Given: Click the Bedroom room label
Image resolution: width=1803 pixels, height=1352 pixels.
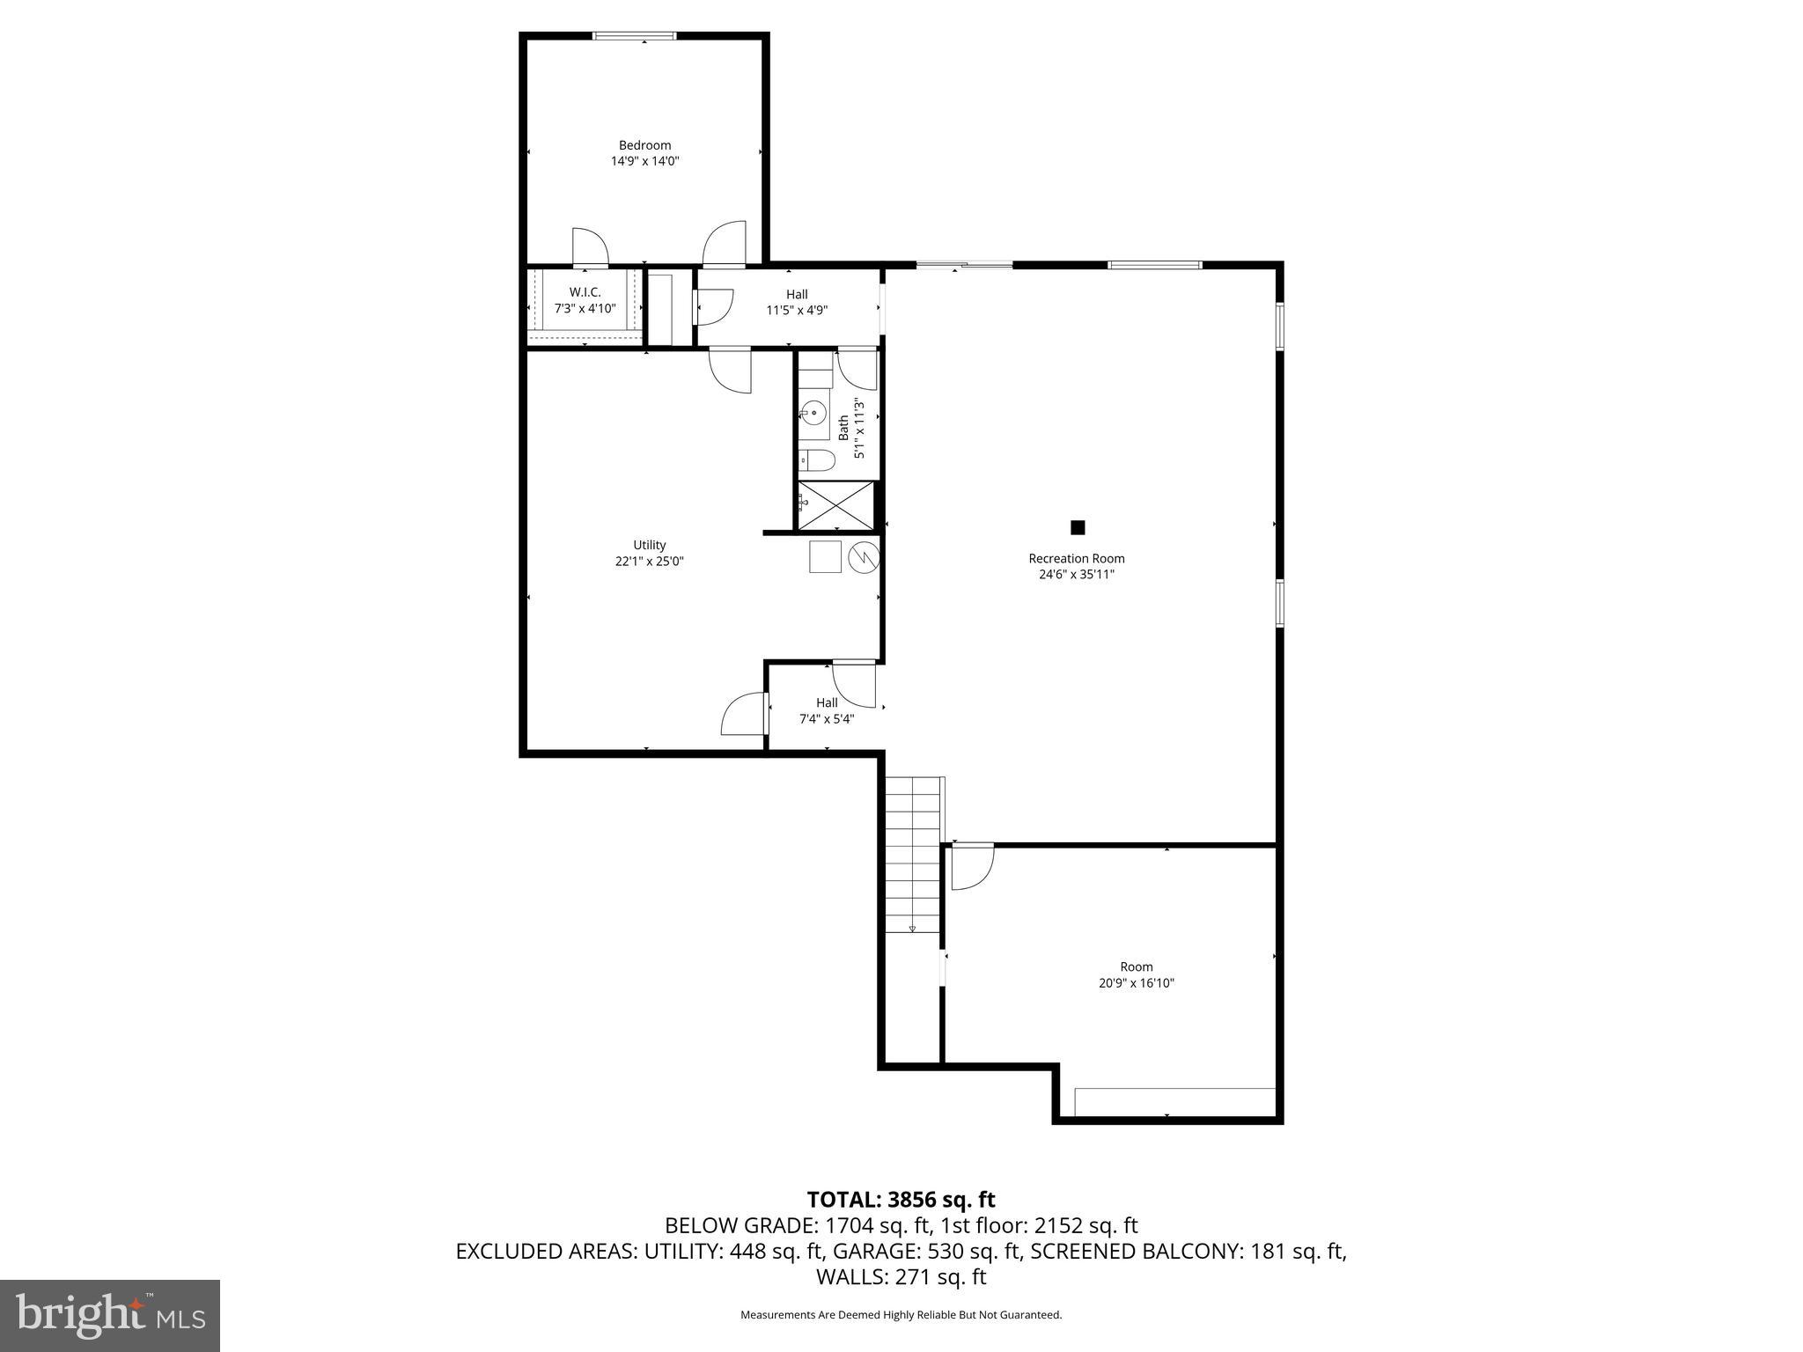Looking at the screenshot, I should [x=644, y=145].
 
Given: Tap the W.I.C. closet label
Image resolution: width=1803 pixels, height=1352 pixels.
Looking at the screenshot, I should [x=585, y=292].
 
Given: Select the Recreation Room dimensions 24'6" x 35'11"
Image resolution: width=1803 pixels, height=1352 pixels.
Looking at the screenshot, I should [x=1076, y=575].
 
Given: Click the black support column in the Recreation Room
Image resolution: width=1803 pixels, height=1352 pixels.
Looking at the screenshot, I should [x=1078, y=528].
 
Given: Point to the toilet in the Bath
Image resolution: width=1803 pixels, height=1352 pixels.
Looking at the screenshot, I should [x=817, y=459].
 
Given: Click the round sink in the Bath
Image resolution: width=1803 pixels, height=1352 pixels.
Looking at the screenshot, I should [x=814, y=412].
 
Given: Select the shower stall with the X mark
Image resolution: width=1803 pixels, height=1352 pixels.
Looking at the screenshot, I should [x=835, y=506].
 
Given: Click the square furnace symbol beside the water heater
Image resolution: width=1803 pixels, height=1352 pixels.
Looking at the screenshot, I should [x=826, y=557].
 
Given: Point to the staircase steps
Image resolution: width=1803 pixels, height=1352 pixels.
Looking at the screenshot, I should [x=913, y=854].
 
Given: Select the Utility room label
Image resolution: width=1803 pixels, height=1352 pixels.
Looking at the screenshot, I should [x=650, y=545].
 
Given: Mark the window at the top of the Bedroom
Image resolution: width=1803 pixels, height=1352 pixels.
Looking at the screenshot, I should [x=634, y=36].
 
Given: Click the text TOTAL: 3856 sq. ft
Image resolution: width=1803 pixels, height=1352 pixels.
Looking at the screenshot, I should [x=901, y=1200].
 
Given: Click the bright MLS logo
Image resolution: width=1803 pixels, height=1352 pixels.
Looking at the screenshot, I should [x=110, y=1315].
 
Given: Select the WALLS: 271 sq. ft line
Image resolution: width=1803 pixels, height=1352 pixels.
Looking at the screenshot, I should [x=901, y=1277].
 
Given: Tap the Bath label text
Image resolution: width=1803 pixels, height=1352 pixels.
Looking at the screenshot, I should [x=843, y=428].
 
